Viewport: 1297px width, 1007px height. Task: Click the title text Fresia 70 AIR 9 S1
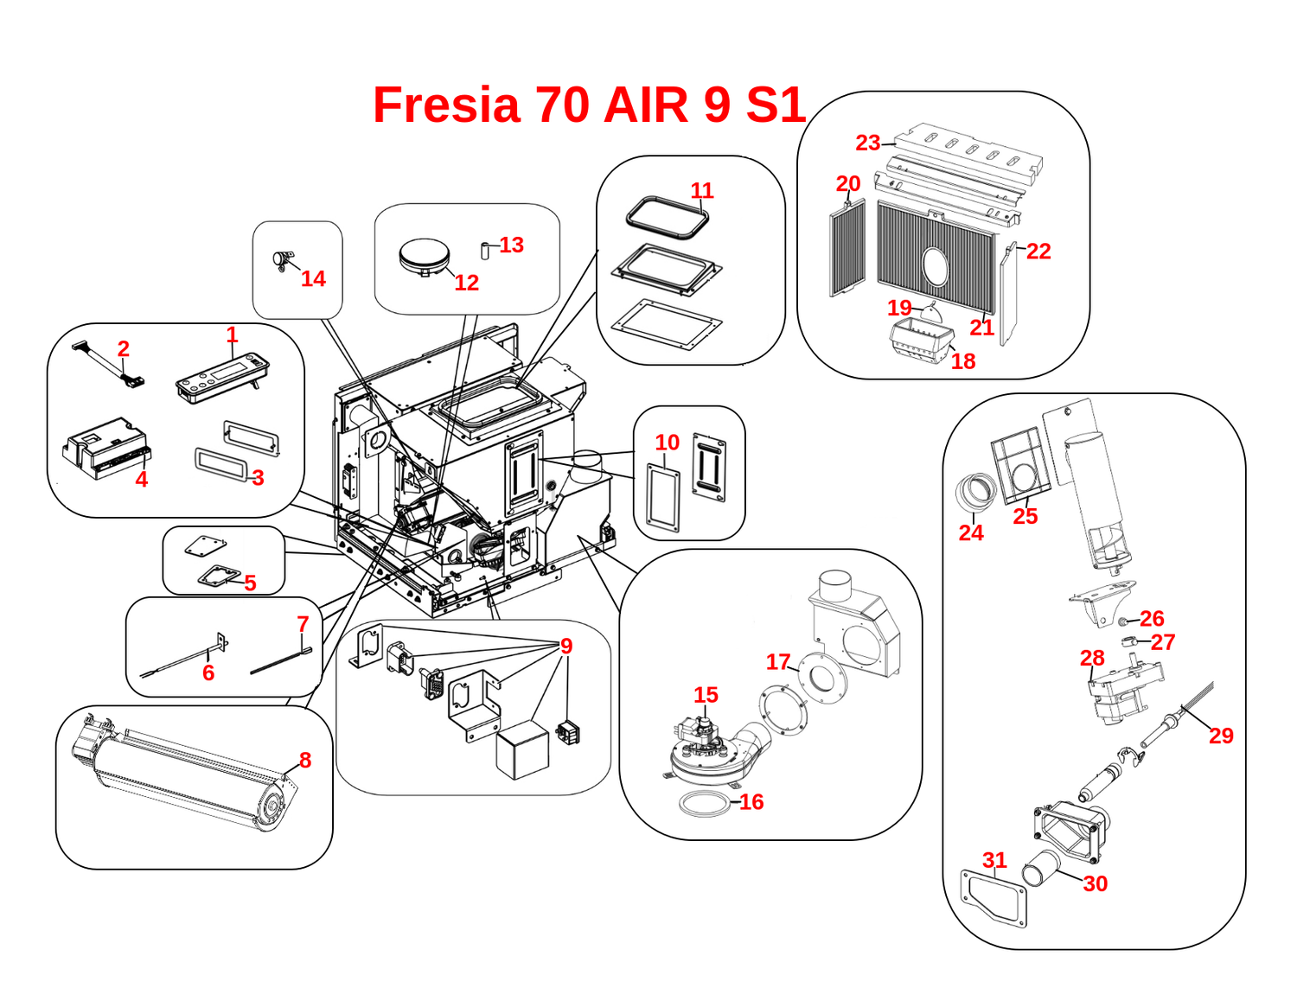click(x=589, y=105)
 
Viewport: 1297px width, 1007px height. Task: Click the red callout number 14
click(x=313, y=278)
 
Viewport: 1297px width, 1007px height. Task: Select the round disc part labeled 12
click(x=425, y=257)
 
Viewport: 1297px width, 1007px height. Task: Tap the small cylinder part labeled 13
click(x=486, y=251)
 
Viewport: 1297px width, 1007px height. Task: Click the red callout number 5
click(x=250, y=583)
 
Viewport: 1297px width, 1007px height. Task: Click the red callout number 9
click(x=566, y=646)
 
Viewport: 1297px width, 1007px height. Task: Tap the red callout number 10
click(x=667, y=443)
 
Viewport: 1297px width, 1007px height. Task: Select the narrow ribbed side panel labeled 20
click(x=847, y=250)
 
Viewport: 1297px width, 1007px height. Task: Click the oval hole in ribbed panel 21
click(x=936, y=265)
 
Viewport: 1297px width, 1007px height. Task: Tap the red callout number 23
click(x=867, y=143)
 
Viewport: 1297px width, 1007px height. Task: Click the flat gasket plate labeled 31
click(x=995, y=899)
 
